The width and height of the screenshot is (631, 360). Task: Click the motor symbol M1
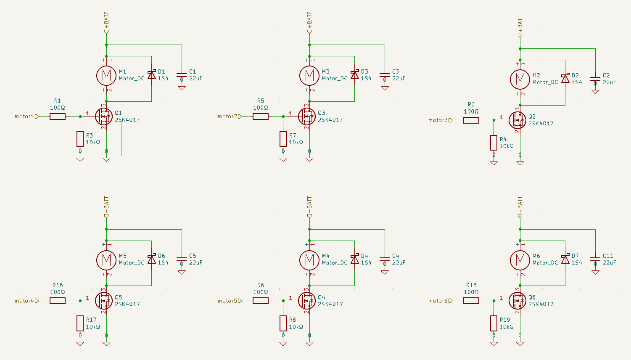[106, 75]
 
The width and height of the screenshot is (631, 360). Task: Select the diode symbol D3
[355, 75]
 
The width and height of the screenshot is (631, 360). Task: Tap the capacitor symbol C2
[595, 79]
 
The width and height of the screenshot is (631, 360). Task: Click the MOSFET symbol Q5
[104, 301]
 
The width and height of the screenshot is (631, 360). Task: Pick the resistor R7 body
[283, 139]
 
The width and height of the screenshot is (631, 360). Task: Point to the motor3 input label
[440, 120]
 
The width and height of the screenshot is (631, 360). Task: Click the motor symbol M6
[520, 259]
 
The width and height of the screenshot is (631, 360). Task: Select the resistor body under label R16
[58, 301]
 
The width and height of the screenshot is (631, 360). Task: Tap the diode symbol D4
[355, 259]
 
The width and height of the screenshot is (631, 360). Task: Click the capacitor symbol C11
[595, 259]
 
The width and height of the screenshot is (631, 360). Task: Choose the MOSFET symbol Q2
[517, 120]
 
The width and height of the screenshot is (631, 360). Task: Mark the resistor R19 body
[494, 323]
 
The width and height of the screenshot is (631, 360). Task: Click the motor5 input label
[230, 301]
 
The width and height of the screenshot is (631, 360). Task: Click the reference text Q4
[322, 297]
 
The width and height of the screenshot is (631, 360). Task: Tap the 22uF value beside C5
[195, 262]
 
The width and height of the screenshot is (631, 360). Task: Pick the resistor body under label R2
[471, 120]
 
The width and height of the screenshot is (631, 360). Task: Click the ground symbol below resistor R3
[80, 159]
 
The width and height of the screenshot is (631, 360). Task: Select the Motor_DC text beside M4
[335, 263]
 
